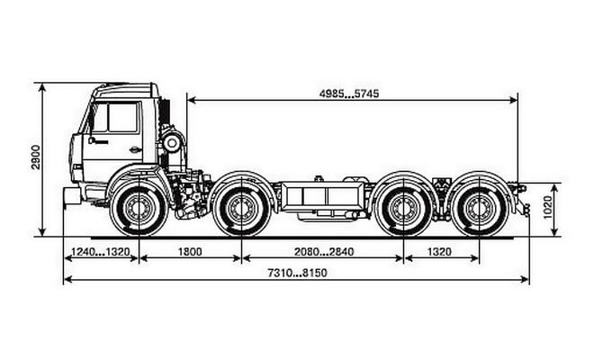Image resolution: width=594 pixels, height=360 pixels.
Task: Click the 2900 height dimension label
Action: click(36, 157)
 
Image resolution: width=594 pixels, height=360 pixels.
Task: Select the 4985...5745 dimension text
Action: click(349, 94)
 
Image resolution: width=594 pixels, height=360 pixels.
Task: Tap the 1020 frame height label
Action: click(548, 207)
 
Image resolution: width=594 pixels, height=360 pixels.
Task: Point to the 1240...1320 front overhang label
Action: click(101, 252)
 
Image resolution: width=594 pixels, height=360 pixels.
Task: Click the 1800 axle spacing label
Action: click(190, 252)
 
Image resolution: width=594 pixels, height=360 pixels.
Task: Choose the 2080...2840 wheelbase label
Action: click(324, 252)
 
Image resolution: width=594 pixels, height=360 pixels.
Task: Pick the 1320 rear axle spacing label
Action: click(439, 252)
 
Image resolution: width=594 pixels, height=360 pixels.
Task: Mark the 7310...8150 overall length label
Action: click(297, 273)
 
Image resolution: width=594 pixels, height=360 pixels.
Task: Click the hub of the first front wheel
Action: click(139, 209)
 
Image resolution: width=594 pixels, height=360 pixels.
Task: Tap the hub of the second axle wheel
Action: click(241, 209)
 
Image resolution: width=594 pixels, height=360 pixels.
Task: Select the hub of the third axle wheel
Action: click(404, 209)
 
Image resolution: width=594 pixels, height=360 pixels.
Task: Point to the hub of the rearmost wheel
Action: click(480, 209)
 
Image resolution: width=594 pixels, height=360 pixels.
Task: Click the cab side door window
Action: click(122, 117)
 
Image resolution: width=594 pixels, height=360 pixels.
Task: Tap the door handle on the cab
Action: click(135, 149)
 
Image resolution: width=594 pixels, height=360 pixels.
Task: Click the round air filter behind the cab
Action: click(172, 143)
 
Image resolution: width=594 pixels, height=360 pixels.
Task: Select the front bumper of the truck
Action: click(72, 196)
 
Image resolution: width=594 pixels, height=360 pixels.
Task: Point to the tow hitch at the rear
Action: click(525, 210)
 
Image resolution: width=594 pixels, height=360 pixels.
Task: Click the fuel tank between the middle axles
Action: click(321, 197)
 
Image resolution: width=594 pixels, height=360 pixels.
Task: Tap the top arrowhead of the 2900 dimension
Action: click(42, 87)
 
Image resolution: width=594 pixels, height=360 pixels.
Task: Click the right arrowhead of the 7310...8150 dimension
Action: click(525, 280)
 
